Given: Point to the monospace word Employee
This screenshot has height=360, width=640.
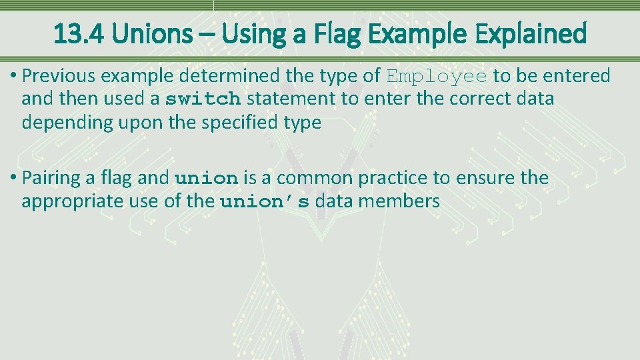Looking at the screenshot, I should [437, 77].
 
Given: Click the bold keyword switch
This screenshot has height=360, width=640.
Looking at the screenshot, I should [203, 100].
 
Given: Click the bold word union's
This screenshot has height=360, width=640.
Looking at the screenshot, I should [265, 202].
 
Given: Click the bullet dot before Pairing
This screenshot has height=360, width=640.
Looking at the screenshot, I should [14, 179].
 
